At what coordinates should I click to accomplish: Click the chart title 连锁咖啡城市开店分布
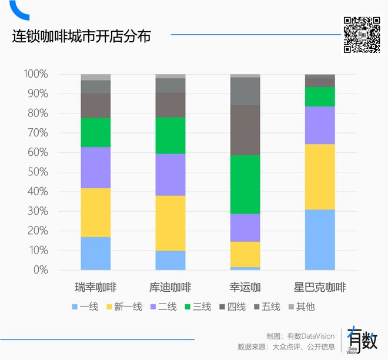(82, 37)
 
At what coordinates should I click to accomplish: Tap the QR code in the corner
(362, 35)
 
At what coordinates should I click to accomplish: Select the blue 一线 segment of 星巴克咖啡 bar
(319, 239)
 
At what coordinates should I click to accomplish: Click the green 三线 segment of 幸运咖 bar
(245, 184)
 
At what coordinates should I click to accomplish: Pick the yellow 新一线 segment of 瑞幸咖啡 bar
(95, 212)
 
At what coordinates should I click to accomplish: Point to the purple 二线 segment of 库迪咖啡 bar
(170, 174)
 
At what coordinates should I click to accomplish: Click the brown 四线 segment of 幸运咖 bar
(245, 130)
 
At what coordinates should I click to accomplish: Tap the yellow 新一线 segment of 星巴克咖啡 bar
(319, 176)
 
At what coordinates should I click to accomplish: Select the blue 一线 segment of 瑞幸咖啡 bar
(95, 253)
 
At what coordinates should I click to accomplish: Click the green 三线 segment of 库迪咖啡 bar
(170, 135)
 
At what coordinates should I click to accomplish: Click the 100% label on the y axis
(35, 74)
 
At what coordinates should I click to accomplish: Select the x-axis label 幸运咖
(245, 288)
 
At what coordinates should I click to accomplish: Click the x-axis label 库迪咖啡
(170, 288)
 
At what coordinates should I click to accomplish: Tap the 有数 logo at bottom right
(362, 339)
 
